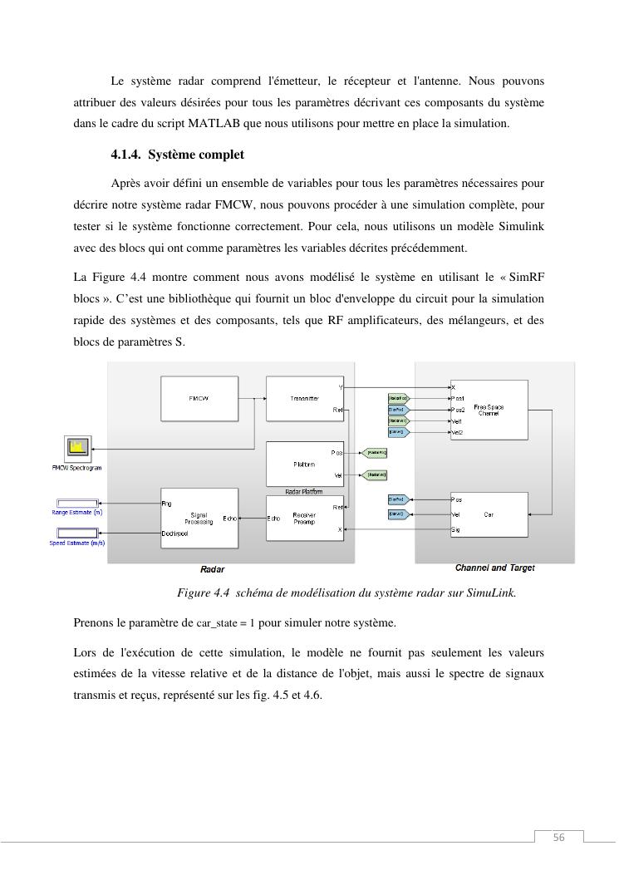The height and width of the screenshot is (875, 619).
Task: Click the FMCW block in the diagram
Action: click(x=199, y=398)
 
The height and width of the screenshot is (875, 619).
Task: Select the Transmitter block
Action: click(x=304, y=398)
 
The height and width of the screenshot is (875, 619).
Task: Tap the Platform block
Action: click(x=304, y=464)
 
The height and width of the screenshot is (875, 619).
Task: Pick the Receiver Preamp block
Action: click(x=304, y=518)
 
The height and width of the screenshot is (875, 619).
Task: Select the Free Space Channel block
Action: click(x=489, y=410)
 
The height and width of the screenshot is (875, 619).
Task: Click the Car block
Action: click(x=489, y=514)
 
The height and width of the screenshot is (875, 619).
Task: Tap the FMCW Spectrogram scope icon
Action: click(x=79, y=449)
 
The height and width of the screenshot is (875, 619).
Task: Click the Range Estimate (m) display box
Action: click(x=76, y=503)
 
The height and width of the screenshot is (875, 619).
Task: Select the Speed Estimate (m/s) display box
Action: click(x=76, y=533)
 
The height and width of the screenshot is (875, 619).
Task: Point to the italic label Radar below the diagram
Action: click(x=212, y=570)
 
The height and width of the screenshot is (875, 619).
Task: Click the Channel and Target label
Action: click(x=494, y=568)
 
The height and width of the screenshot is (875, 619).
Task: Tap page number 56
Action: click(x=558, y=838)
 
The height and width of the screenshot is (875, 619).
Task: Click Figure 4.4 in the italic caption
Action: click(x=203, y=593)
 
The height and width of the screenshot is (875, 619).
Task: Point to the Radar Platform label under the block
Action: click(x=304, y=492)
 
